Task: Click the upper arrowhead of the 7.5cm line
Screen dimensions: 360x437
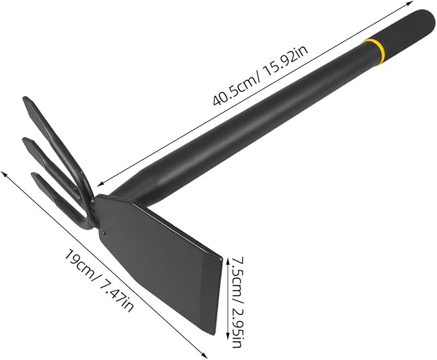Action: click(228, 257)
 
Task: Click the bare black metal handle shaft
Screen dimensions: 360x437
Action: click(257, 119)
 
